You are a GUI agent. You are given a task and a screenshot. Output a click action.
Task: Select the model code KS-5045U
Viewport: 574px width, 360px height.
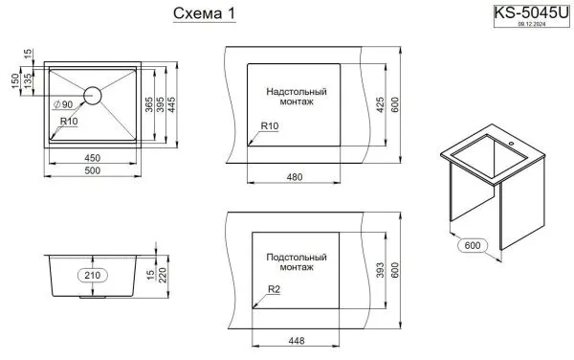[x=530, y=12]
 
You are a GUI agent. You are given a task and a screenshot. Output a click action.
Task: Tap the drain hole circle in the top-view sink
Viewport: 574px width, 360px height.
[x=93, y=94]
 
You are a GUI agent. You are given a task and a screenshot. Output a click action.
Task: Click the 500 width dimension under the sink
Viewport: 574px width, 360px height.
[x=93, y=169]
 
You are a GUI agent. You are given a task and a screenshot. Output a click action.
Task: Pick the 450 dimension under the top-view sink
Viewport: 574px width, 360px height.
[x=93, y=156]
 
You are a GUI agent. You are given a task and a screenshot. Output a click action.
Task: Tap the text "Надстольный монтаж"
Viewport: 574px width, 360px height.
[x=298, y=98]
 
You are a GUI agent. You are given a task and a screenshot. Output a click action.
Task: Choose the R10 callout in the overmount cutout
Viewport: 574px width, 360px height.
[x=269, y=127]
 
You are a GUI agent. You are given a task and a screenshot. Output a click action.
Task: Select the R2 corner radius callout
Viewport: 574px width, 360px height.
[x=273, y=290]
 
